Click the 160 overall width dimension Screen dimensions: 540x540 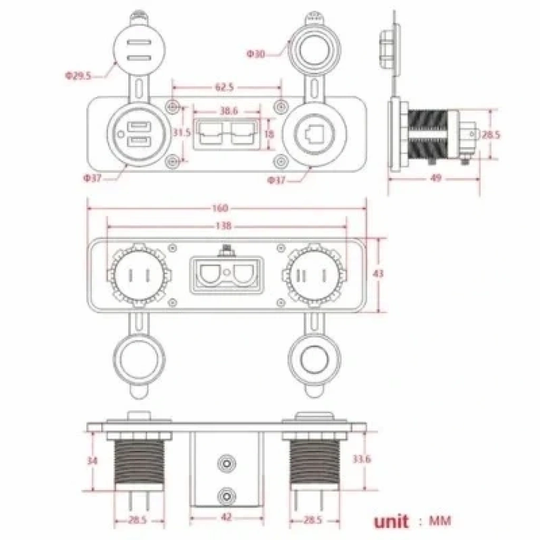coord(220,208)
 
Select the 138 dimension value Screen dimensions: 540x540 coord(223,226)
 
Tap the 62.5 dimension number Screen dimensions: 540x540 coord(225,87)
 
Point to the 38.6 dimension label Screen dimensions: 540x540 coord(229,111)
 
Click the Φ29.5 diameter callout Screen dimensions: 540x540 coord(78,75)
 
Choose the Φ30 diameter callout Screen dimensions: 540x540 coord(256,54)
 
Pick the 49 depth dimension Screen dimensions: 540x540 coord(436,178)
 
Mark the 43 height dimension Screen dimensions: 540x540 coord(378,274)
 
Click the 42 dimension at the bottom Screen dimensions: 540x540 coord(226,517)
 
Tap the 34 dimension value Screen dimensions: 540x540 coord(92,460)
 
